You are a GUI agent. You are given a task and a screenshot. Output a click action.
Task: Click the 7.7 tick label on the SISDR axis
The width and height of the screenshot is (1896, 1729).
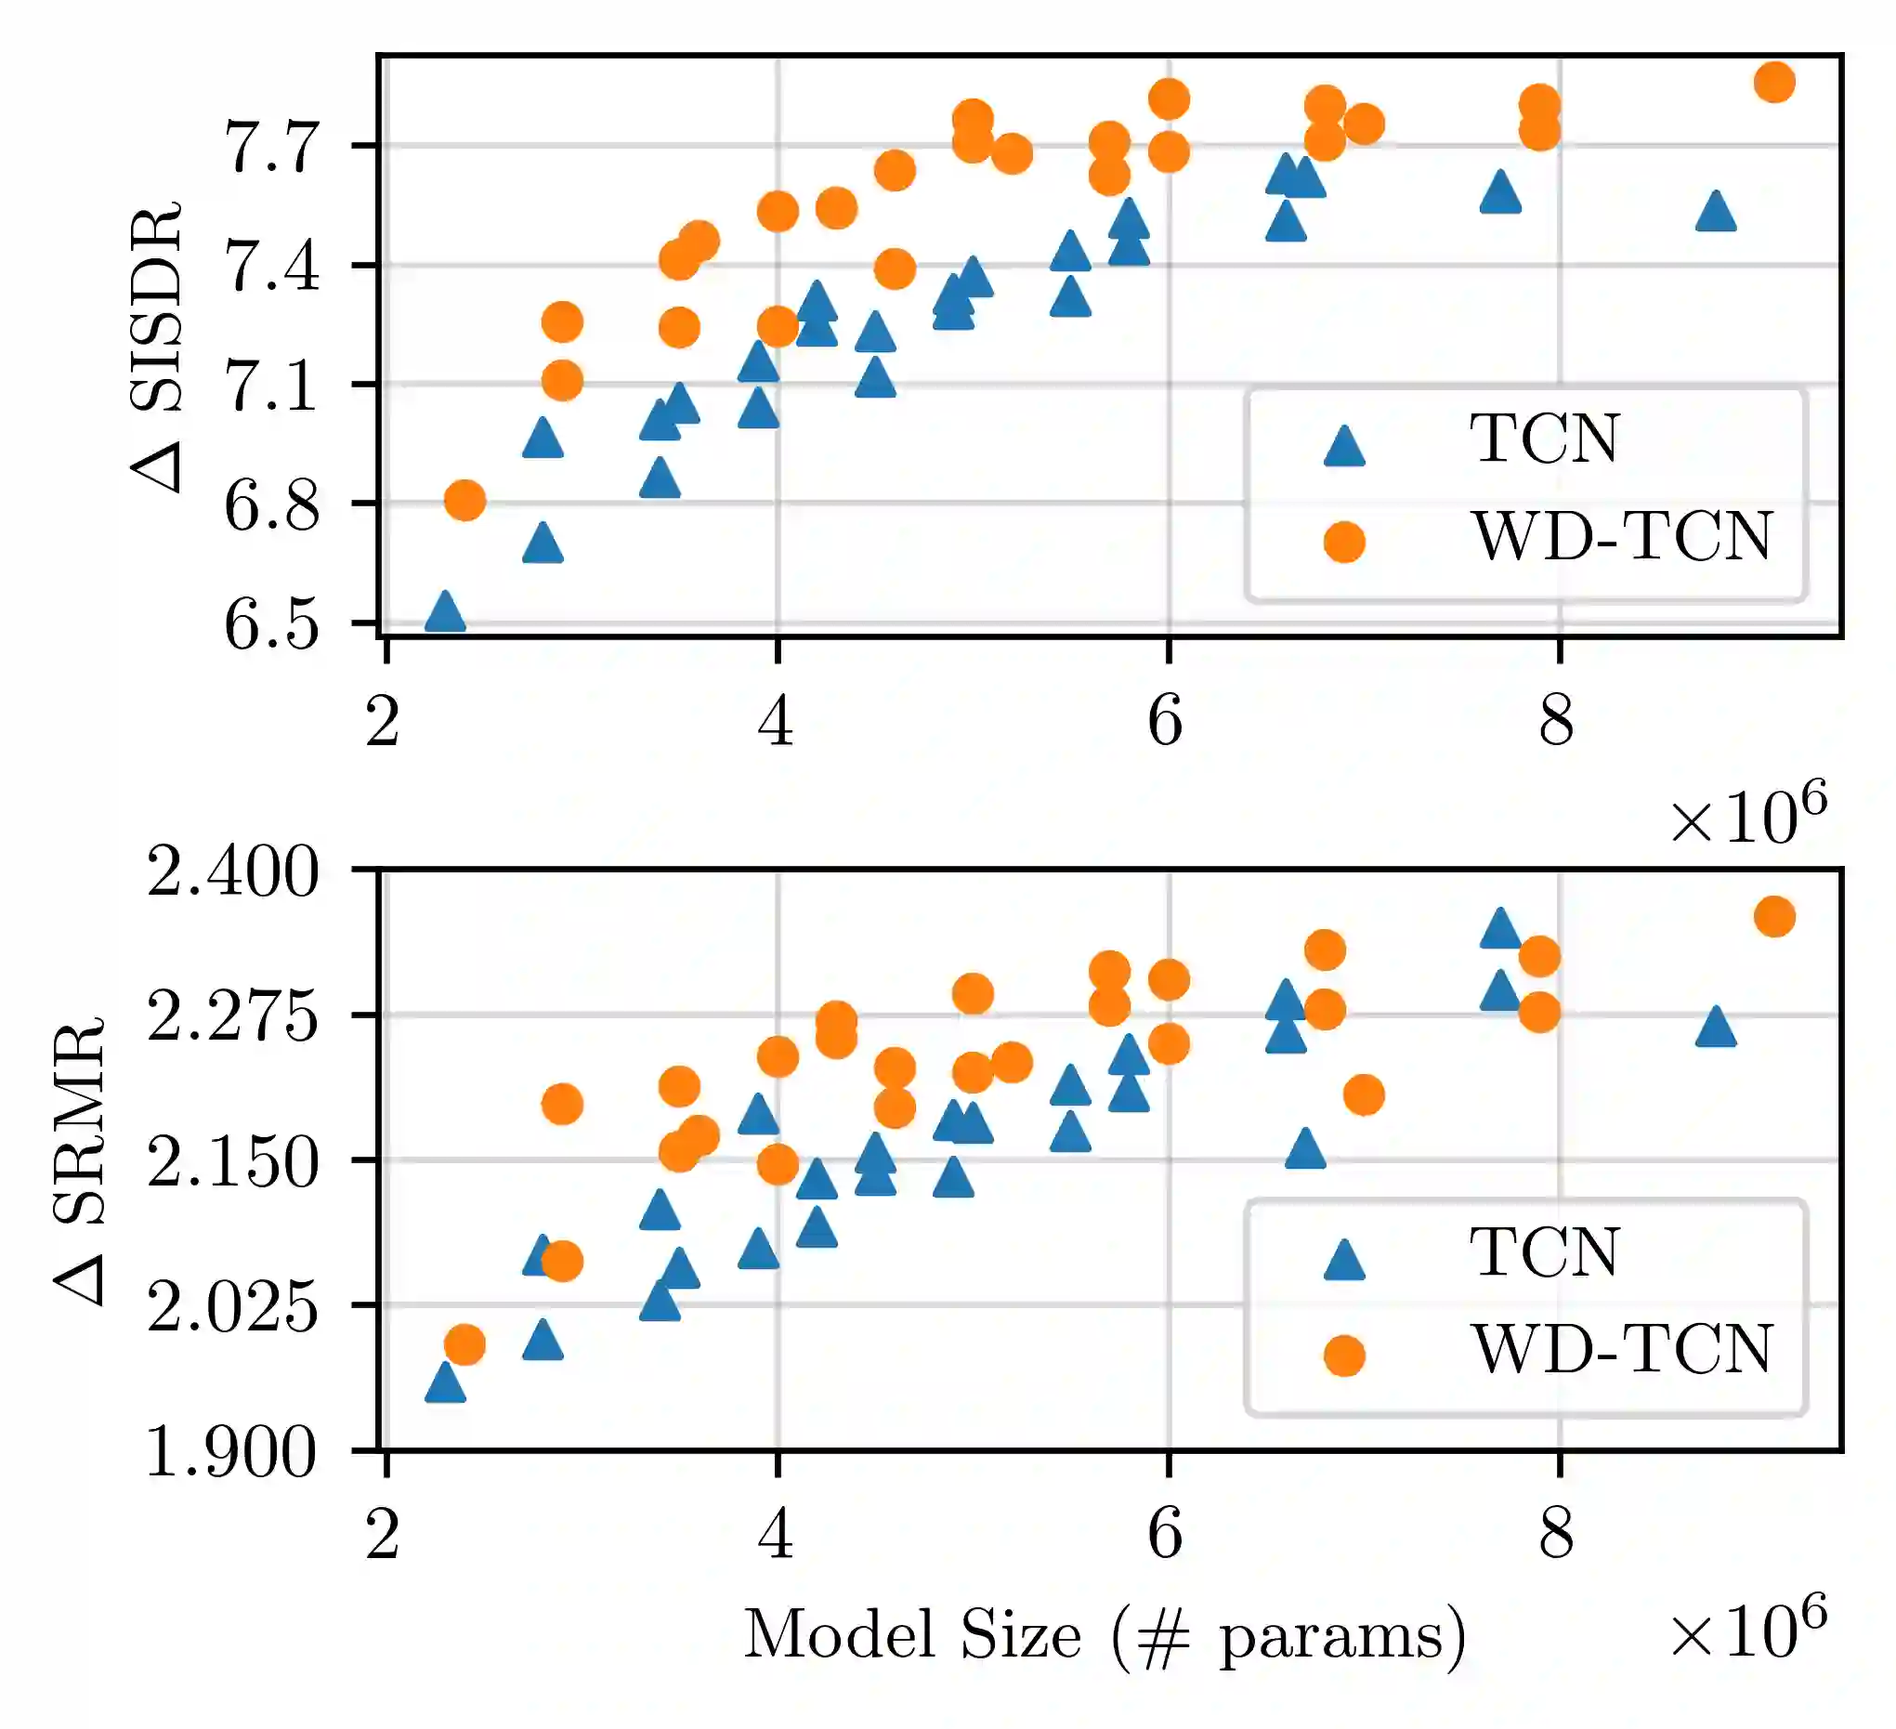(271, 148)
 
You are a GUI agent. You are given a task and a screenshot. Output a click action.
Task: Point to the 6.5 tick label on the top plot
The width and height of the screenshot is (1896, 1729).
(271, 624)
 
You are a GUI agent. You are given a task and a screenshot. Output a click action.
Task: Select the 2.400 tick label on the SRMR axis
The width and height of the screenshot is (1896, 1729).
(232, 872)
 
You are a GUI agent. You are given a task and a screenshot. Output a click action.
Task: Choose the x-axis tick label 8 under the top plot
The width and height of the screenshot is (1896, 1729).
(1558, 723)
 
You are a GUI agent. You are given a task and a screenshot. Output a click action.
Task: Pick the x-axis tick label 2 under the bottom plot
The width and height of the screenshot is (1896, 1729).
(384, 1536)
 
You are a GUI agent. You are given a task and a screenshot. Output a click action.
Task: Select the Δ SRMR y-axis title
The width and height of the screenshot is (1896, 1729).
(80, 1161)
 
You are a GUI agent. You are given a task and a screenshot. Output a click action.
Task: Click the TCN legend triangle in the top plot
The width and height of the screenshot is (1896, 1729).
(1344, 446)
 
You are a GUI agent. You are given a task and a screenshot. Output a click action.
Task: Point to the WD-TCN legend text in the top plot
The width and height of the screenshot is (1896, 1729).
(1621, 537)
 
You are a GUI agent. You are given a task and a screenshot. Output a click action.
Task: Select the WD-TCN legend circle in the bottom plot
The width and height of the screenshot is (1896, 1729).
(1344, 1356)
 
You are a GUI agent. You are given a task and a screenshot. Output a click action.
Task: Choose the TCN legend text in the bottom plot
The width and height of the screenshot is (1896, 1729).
(1544, 1252)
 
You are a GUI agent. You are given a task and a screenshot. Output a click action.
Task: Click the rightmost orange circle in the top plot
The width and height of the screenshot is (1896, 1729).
(1774, 83)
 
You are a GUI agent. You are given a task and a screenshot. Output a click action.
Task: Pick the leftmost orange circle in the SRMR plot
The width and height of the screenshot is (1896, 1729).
(464, 1345)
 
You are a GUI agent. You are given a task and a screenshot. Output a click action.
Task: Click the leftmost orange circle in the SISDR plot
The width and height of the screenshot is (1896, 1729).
(464, 500)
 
